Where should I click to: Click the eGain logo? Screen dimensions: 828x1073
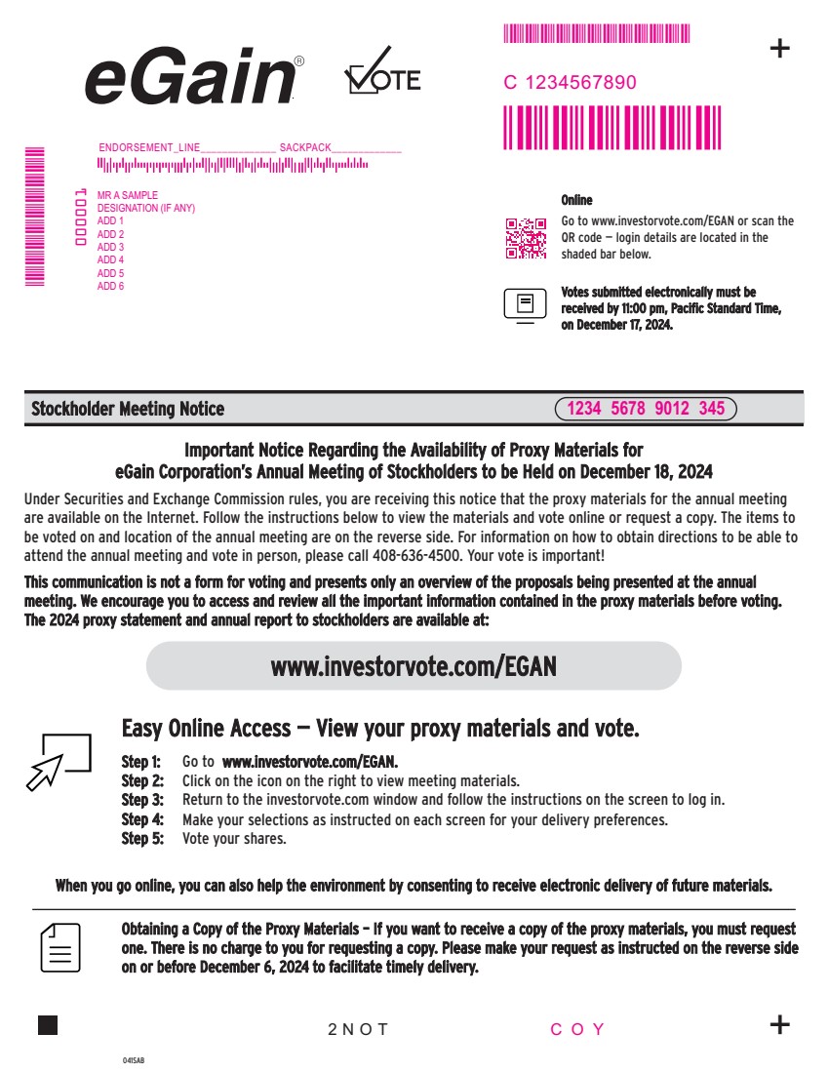(194, 77)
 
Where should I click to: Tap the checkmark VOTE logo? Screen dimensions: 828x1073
(382, 71)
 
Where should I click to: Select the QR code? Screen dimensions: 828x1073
(526, 238)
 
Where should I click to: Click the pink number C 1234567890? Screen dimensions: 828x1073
(570, 83)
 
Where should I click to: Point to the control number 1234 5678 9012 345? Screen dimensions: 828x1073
(646, 409)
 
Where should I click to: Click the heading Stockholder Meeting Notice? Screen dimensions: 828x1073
(128, 409)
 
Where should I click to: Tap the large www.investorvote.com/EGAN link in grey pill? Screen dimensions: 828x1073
(414, 666)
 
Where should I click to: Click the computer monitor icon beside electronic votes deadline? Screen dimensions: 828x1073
(525, 305)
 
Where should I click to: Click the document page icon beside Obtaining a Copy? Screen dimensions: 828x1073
(60, 948)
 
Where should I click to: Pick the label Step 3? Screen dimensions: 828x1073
(142, 800)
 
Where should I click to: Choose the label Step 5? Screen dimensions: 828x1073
(142, 838)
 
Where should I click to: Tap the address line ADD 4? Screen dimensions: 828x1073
(110, 260)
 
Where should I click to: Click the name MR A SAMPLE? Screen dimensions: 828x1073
(128, 195)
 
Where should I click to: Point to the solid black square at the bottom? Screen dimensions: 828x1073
(48, 1025)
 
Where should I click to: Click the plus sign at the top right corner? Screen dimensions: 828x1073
(780, 48)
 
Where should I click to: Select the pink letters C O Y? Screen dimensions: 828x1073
(577, 1029)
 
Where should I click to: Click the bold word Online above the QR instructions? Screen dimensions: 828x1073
(576, 200)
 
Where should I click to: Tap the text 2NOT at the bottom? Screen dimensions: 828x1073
(358, 1029)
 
